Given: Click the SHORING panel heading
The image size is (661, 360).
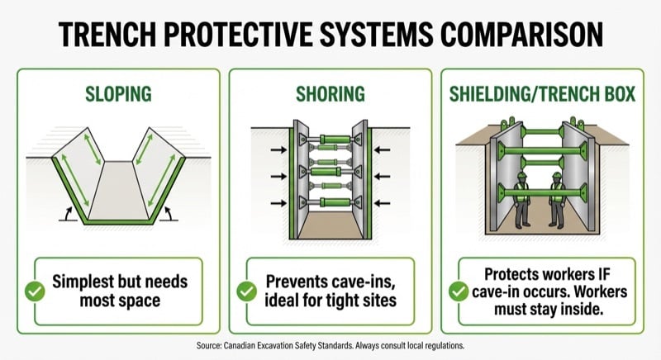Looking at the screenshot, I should click(330, 93).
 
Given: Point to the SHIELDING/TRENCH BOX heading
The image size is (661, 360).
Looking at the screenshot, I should click(543, 93).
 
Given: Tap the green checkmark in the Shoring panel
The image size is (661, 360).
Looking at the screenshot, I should click(246, 291).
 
